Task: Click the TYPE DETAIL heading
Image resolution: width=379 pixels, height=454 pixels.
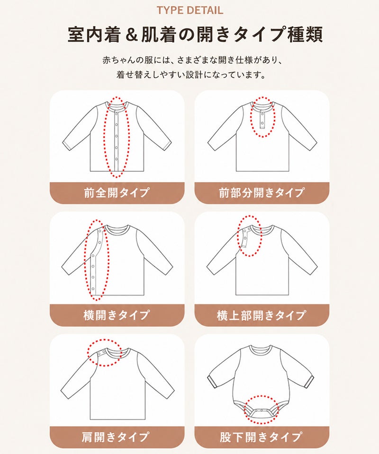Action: (x=190, y=10)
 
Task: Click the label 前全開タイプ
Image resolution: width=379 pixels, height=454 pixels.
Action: (x=117, y=192)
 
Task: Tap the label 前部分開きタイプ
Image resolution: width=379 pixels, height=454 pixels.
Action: (x=262, y=192)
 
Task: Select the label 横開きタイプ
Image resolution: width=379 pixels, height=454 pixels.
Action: (x=117, y=315)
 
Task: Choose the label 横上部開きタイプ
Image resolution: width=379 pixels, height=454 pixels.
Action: (x=261, y=315)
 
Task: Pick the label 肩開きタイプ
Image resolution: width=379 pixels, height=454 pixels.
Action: (x=116, y=437)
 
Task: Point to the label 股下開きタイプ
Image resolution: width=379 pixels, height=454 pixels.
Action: (x=261, y=437)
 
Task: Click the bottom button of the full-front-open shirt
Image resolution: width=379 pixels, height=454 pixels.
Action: (x=116, y=159)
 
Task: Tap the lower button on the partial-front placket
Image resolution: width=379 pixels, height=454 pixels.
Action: (x=262, y=123)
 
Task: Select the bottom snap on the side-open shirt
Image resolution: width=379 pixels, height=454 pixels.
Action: (x=93, y=288)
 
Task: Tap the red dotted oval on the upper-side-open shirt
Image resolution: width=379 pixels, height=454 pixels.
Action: (x=238, y=236)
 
